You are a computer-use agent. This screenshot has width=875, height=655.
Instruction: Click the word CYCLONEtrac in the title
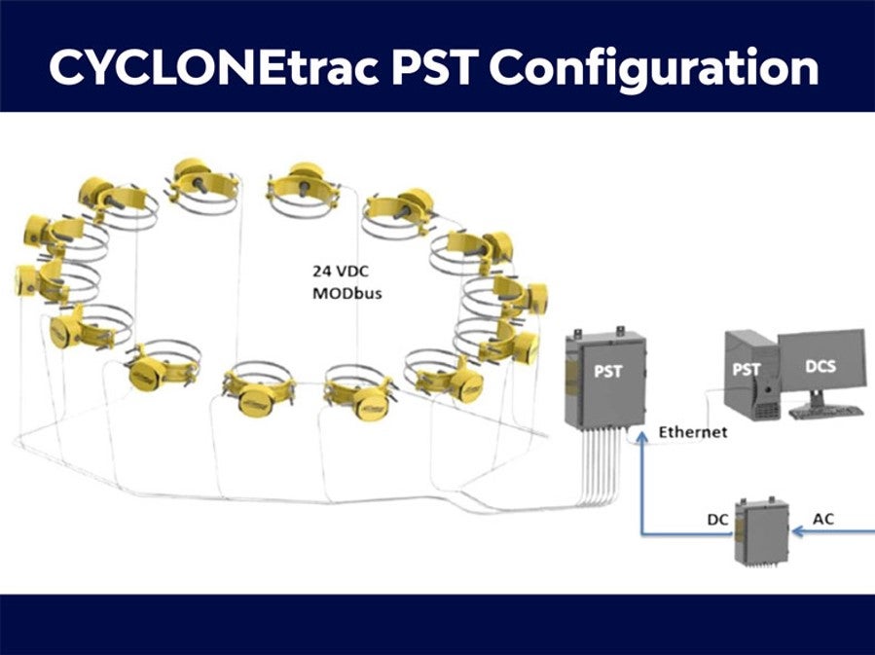215,66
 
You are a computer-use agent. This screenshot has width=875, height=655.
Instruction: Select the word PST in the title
432,66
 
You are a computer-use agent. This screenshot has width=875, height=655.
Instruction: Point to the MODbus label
347,294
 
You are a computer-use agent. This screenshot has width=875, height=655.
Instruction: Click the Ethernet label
693,432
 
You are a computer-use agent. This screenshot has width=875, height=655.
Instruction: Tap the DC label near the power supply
717,520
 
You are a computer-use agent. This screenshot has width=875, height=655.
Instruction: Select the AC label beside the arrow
823,519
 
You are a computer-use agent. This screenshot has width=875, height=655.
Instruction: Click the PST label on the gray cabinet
607,371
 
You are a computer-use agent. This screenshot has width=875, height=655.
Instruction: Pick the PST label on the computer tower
747,370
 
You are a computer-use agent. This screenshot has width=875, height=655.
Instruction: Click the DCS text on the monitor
820,367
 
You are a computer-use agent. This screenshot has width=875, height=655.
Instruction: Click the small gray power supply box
762,531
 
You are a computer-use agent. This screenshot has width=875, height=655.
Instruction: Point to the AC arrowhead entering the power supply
797,530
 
